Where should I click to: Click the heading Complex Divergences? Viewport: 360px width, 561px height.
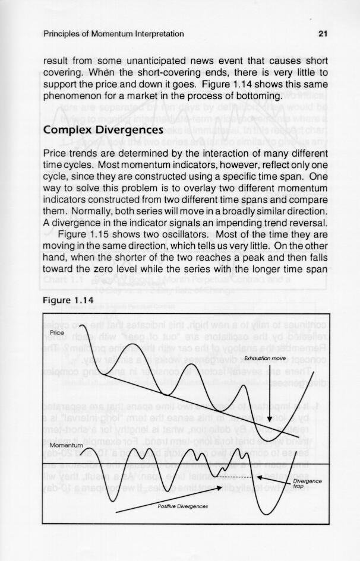click(104, 129)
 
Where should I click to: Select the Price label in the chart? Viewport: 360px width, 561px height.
click(58, 332)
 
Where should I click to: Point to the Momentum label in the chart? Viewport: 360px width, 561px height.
click(67, 445)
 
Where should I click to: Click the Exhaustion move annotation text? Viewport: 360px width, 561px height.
click(265, 359)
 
